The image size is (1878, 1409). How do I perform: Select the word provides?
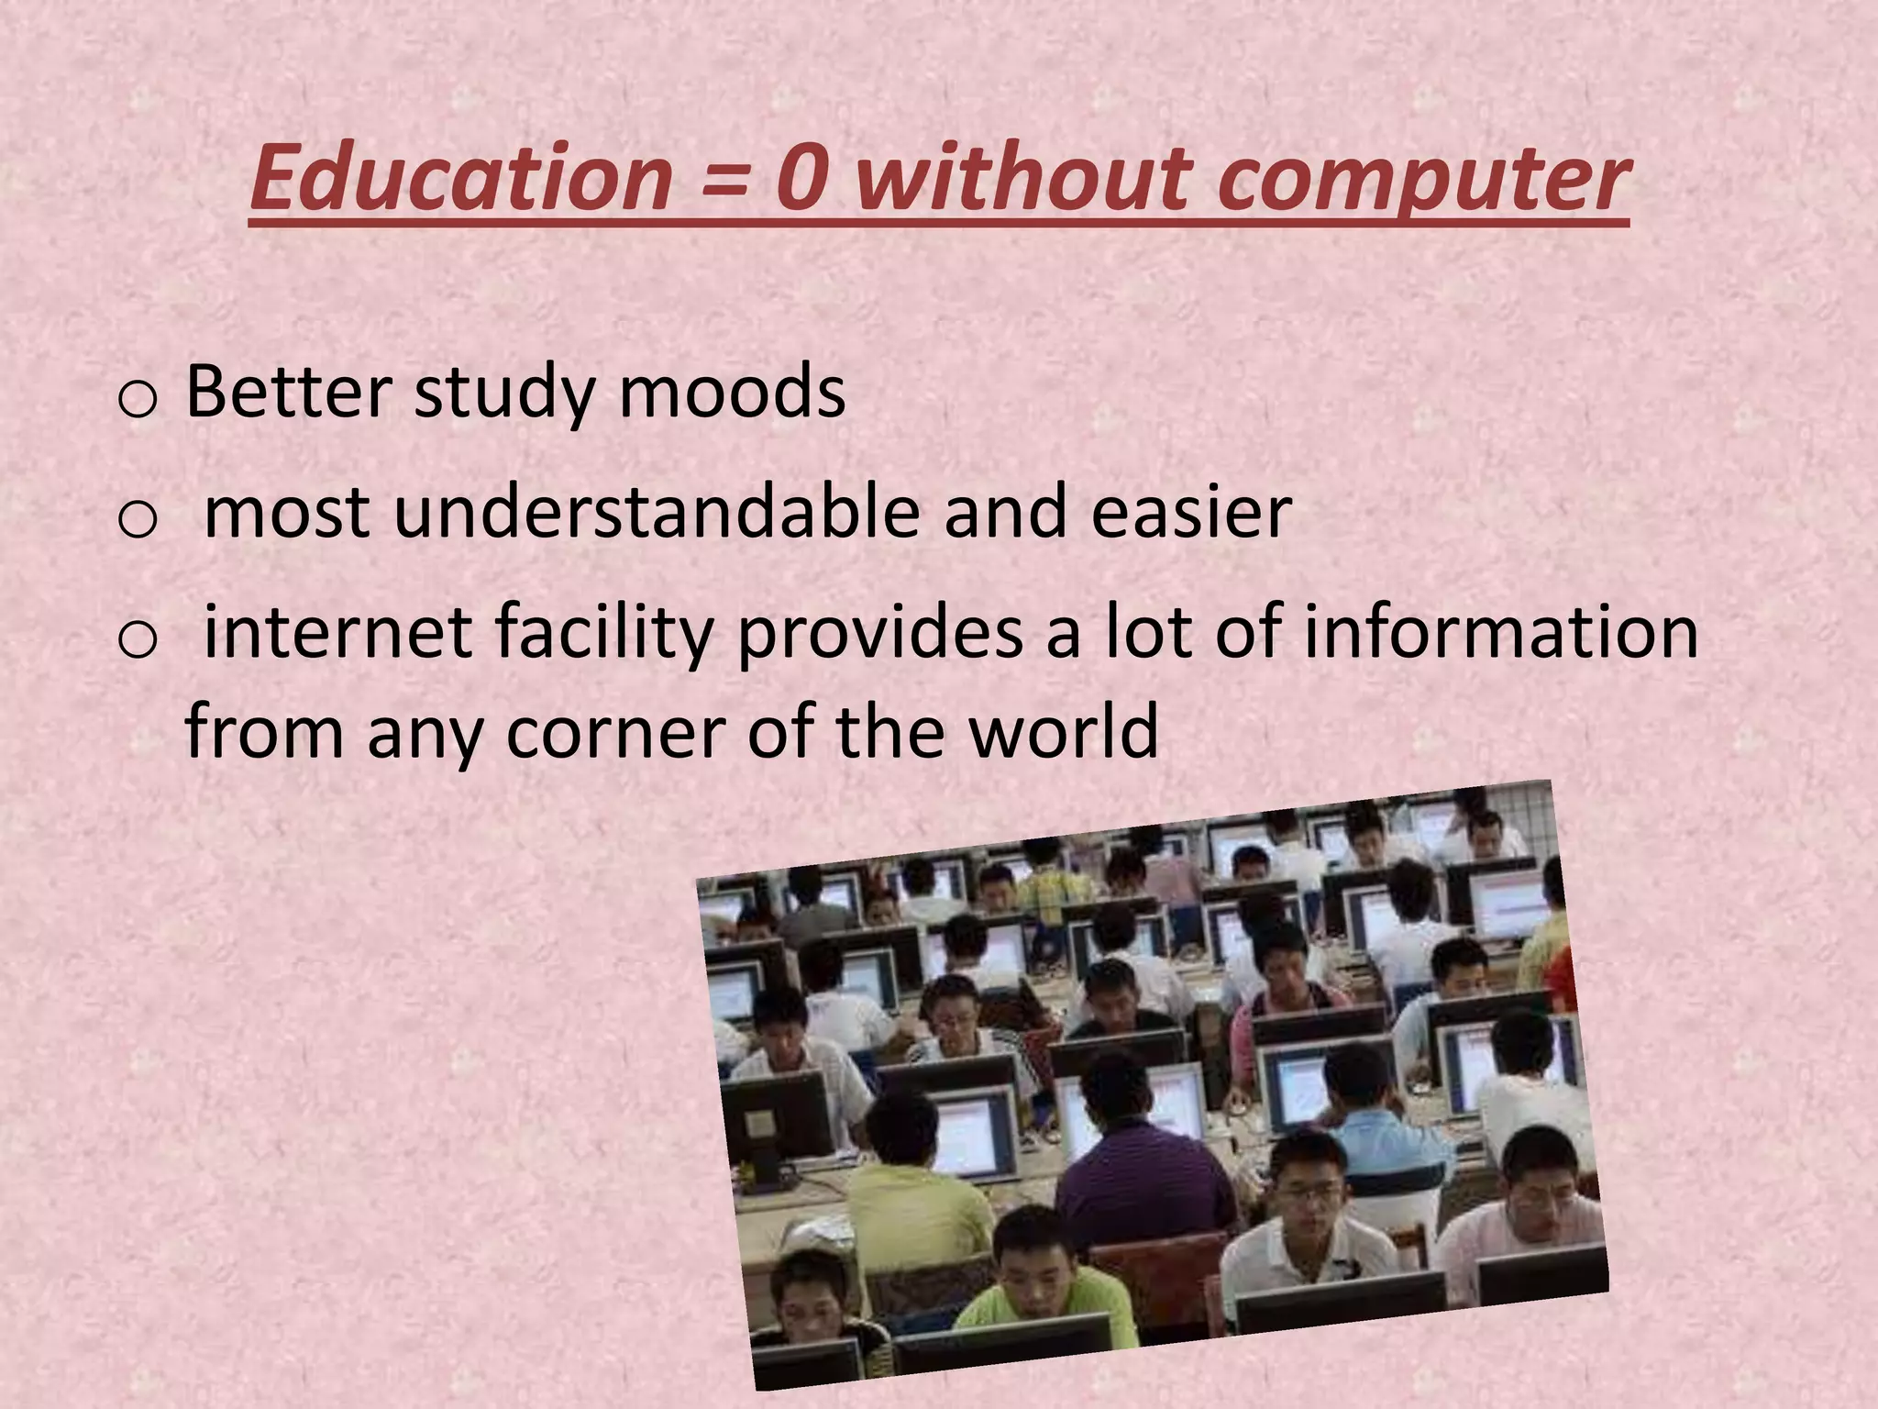point(879,633)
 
